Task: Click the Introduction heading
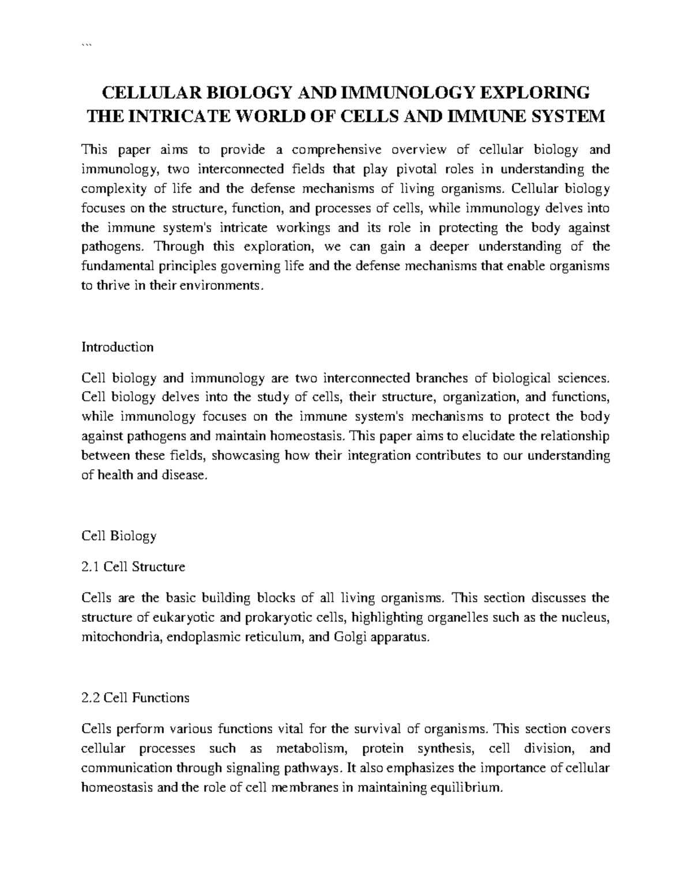point(118,347)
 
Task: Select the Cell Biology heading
point(119,535)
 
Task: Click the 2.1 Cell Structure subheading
point(133,567)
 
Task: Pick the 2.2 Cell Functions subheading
point(136,697)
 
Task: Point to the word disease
point(186,475)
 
